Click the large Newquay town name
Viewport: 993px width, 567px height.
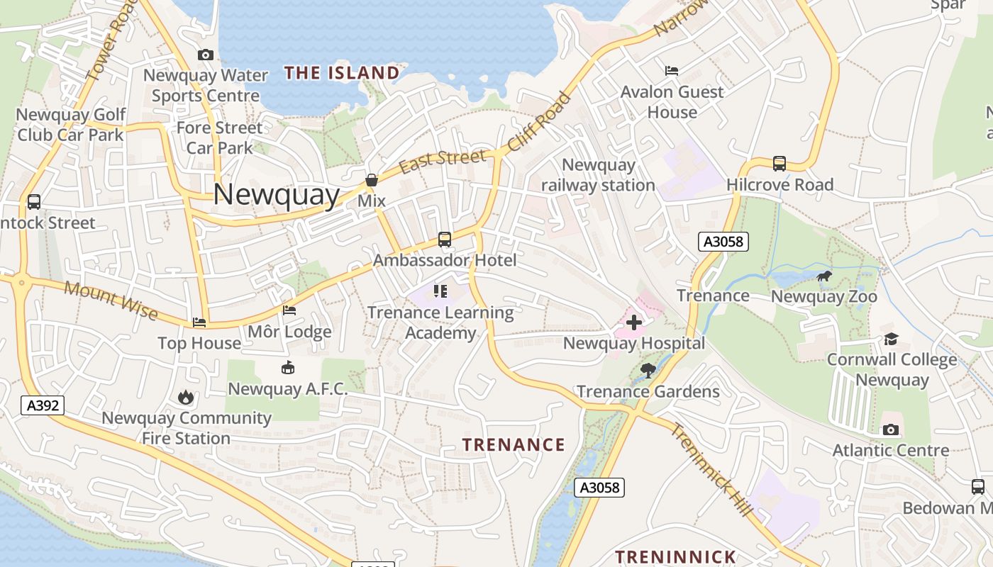(277, 194)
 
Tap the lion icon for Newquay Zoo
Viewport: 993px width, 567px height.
(823, 276)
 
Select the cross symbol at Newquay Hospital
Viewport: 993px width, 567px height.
(634, 322)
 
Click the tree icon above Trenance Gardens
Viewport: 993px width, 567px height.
(648, 370)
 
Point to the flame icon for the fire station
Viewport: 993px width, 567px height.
(186, 397)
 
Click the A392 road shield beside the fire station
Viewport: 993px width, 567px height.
(43, 405)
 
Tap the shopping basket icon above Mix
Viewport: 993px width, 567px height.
(371, 181)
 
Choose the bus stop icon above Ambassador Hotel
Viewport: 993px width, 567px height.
(445, 240)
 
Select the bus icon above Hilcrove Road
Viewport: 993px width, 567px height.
(780, 164)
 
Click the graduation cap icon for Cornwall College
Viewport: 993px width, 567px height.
(891, 339)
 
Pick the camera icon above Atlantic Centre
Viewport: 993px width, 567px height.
(891, 430)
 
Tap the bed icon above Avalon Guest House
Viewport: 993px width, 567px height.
(672, 71)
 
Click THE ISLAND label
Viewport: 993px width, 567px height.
(342, 72)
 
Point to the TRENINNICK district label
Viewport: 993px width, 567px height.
(675, 556)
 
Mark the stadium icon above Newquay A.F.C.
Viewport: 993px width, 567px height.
(287, 367)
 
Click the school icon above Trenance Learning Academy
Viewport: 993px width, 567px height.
(440, 291)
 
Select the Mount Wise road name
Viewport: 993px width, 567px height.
(110, 300)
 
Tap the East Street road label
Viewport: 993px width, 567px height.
(443, 161)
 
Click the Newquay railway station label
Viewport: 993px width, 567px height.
(598, 175)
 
